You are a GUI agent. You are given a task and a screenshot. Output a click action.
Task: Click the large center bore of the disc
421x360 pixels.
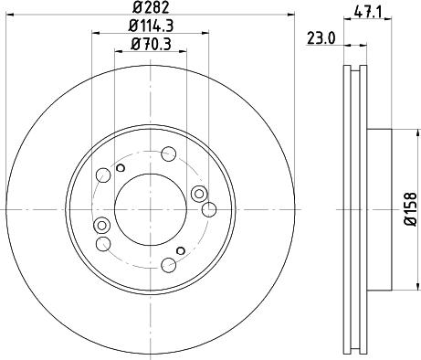(x=150, y=209)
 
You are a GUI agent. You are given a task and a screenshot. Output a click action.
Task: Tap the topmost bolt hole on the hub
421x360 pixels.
(x=170, y=154)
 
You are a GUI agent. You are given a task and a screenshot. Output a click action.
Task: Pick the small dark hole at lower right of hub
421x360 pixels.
(x=181, y=250)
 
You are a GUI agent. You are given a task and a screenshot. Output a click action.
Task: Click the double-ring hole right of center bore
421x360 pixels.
(x=199, y=192)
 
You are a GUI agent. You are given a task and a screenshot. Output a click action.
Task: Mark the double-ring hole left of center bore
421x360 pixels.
(x=101, y=226)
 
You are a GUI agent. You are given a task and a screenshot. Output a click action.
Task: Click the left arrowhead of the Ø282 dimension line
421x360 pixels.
(x=9, y=15)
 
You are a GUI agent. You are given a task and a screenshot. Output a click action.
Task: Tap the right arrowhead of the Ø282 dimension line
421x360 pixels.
(x=293, y=15)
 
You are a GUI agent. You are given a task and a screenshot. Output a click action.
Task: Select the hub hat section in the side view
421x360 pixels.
(x=380, y=209)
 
